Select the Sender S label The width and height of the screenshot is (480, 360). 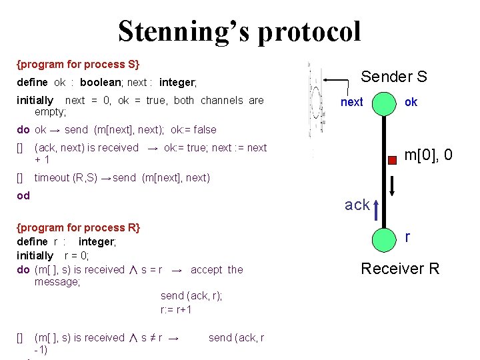coord(393,77)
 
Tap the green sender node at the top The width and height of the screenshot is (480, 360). coord(385,103)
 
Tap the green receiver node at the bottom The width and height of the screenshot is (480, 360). coord(385,239)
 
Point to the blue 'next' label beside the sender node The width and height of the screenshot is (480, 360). coord(351,102)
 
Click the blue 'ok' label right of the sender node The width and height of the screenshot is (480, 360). coord(411,102)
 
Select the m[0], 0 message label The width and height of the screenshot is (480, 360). coord(428,155)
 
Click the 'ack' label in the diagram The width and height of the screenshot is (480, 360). coord(357,205)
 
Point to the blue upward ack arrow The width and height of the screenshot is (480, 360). coord(377,209)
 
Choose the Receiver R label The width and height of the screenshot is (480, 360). coord(400,269)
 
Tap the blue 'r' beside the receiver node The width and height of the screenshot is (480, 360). coord(408,236)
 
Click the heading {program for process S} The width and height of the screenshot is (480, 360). coord(78,65)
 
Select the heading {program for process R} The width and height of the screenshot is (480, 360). coord(78,228)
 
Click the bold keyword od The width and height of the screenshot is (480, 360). coord(23,196)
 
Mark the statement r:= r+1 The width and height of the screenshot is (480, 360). coord(176,309)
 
